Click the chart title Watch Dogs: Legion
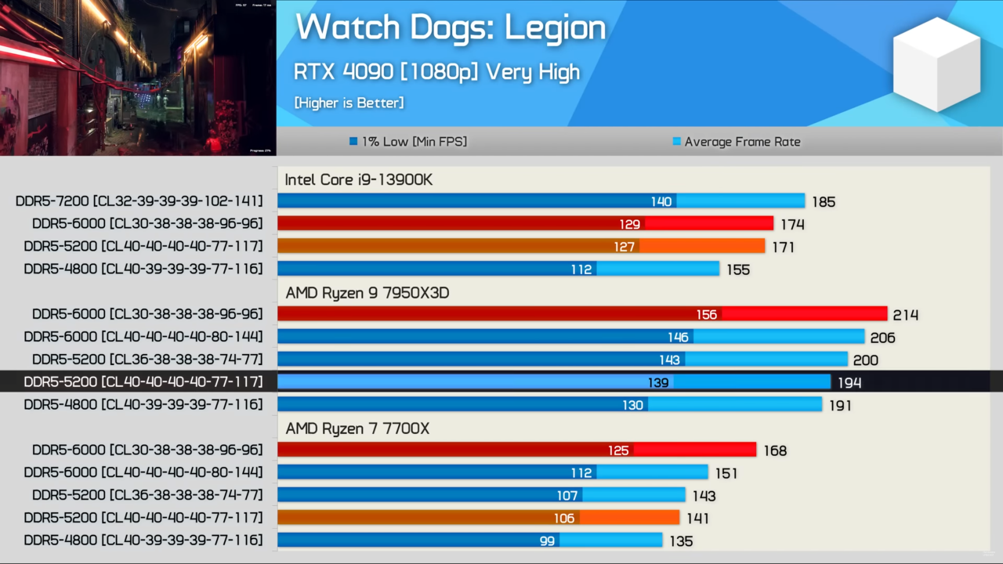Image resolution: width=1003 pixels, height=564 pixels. [x=451, y=28]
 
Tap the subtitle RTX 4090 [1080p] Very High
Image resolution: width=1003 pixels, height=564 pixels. [x=436, y=72]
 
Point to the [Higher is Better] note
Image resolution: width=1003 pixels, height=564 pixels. [x=349, y=103]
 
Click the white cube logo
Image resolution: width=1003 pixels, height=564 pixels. [x=936, y=63]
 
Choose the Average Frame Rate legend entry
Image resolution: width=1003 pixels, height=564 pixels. [x=736, y=142]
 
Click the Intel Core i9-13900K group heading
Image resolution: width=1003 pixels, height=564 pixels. [x=358, y=180]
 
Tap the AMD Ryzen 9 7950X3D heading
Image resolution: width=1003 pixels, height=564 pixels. [x=367, y=293]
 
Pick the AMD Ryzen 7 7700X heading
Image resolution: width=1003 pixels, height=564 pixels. [x=357, y=429]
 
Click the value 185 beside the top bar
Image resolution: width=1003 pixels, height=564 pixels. [x=824, y=202]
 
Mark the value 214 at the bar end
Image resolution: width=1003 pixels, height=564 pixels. [x=905, y=315]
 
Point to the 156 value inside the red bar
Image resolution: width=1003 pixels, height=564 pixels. [x=707, y=315]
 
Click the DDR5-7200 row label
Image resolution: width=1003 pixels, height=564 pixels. [x=139, y=201]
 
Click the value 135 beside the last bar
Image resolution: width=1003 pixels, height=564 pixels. [x=680, y=541]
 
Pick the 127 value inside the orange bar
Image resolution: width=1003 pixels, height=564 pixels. [x=625, y=247]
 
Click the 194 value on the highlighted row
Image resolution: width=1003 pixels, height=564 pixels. [x=849, y=383]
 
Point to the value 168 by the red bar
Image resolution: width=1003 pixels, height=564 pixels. [x=774, y=451]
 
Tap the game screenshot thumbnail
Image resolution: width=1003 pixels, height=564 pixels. [x=138, y=78]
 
